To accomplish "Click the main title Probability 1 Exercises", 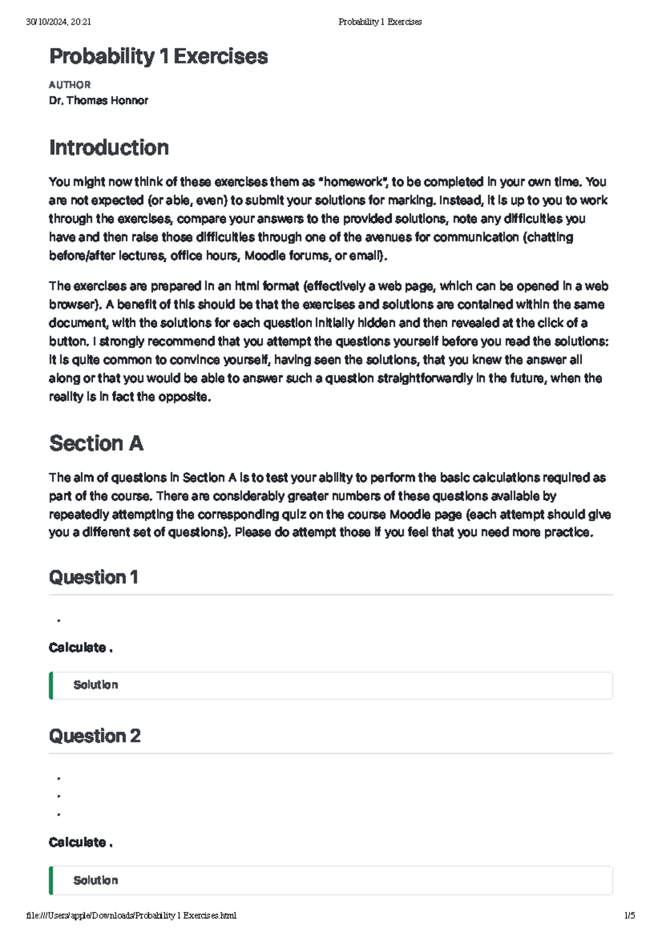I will (x=158, y=56).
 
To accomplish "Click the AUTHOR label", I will (x=70, y=85).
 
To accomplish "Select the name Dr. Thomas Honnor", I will (x=98, y=100).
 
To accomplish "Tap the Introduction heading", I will (x=109, y=147).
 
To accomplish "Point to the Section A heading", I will (x=96, y=443).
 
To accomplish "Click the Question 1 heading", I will (x=93, y=577).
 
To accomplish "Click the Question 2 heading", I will (x=94, y=736).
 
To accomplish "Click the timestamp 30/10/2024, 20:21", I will (x=58, y=22).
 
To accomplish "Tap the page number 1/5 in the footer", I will (x=629, y=915).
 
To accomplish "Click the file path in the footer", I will (x=131, y=915).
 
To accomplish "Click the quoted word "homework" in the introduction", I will (x=353, y=182).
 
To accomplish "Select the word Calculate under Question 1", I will (x=77, y=647).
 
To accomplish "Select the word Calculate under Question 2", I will (x=77, y=842).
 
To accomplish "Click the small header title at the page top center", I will (x=380, y=22).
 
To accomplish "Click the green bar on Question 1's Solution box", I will (x=51, y=685).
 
